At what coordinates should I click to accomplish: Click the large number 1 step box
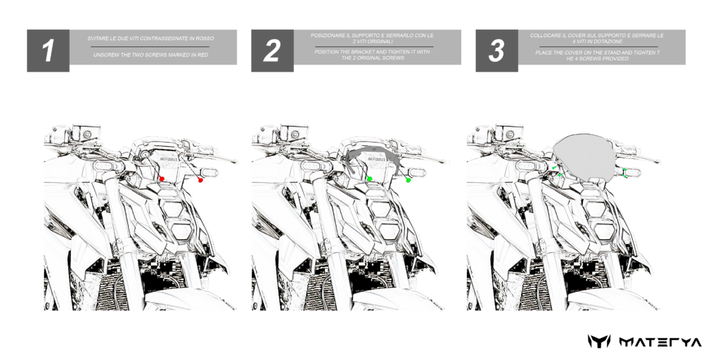49,51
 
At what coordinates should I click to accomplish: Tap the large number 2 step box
272,51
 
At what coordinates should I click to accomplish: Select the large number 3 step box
497,51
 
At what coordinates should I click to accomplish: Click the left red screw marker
162,179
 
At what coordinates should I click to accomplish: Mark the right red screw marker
200,181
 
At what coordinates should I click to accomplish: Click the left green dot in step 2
370,179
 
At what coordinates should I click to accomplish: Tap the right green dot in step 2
409,181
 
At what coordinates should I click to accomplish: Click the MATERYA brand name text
660,342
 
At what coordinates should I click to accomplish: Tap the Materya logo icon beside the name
599,342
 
